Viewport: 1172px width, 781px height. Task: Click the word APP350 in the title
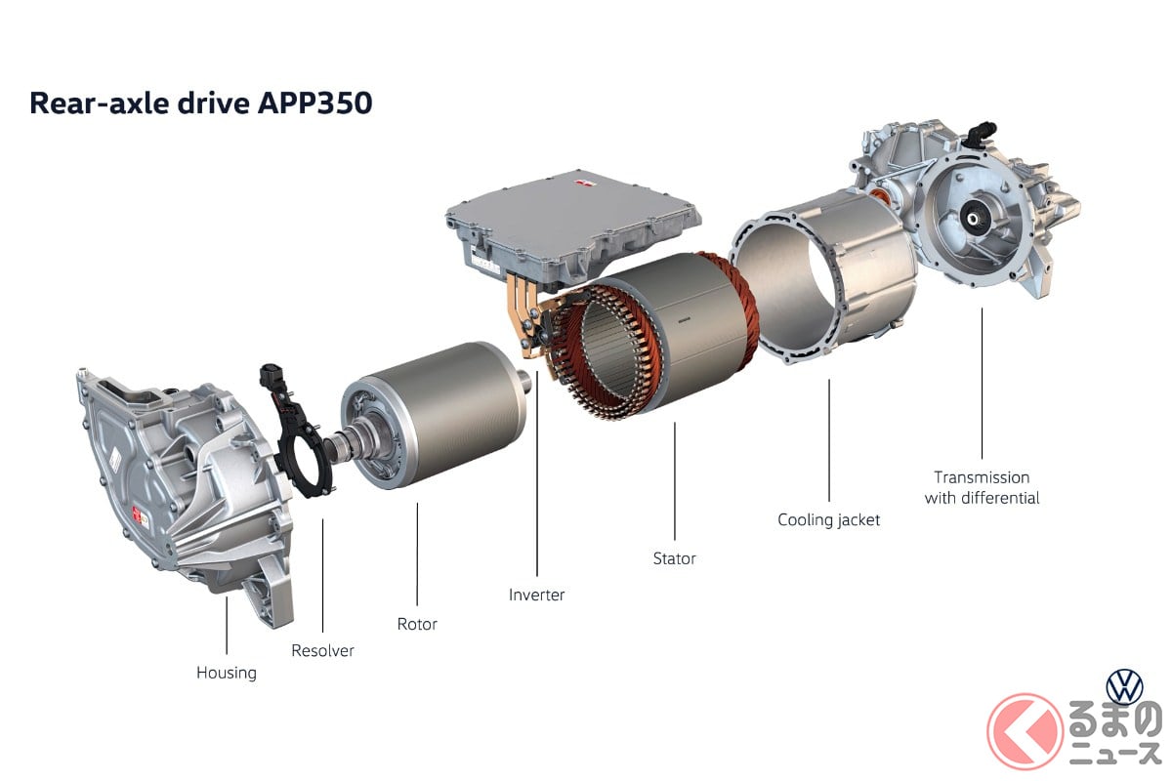314,103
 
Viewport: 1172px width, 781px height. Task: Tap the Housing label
227,673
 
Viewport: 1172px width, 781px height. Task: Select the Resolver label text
322,651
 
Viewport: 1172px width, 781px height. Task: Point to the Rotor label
417,624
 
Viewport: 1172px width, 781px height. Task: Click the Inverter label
537,595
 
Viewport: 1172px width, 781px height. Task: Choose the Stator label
675,558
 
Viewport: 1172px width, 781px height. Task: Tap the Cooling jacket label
829,520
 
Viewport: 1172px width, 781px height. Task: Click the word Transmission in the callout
982,477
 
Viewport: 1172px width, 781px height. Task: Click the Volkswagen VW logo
1124,687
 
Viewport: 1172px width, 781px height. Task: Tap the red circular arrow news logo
1025,731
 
